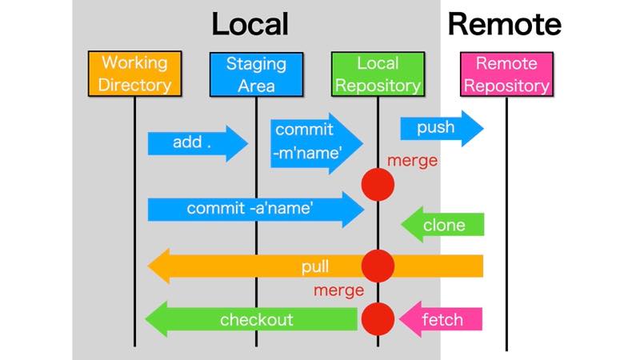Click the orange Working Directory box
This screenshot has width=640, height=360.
coord(134,74)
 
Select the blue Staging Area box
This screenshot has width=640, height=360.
coord(256,74)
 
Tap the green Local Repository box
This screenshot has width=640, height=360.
coord(378,74)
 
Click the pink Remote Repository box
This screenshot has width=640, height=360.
coord(506,74)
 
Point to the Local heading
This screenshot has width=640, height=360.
coord(250,24)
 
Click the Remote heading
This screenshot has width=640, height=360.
coord(504,24)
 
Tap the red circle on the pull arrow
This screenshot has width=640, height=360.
coord(378,266)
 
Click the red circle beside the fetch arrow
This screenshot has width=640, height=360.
coord(378,319)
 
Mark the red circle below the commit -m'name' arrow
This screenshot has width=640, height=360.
coord(378,185)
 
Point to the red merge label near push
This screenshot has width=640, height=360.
coord(412,161)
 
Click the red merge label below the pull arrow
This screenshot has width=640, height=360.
coord(338,290)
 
